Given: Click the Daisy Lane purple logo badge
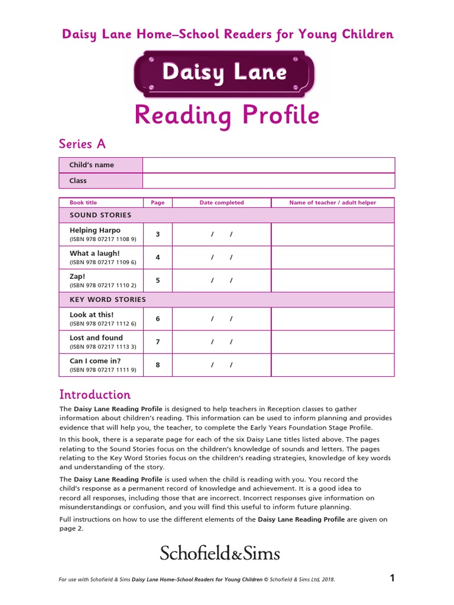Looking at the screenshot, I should coord(224,73).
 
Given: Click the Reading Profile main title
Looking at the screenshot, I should coord(226,115).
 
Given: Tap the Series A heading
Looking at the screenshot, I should coord(82,144).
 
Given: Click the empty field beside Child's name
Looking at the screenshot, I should coord(268,165).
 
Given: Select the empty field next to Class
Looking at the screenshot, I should coord(268,181).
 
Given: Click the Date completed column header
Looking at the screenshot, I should coord(221,203).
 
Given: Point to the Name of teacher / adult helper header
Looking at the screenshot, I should coord(332,203).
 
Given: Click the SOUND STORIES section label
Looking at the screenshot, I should coord(100,215).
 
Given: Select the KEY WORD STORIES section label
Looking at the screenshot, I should coord(108,300).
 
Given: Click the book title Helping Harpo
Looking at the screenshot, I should coord(95,230).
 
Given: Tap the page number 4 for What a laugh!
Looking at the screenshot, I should coord(158,258).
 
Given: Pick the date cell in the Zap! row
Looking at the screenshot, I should coord(222,281).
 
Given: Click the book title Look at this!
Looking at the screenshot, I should coord(92,315).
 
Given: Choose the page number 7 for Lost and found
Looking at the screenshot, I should coord(158,342).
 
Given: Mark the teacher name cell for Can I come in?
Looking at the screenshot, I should coord(332,365).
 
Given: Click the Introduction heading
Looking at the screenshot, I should coord(95,394).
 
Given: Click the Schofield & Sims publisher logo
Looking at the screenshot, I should coord(220,553).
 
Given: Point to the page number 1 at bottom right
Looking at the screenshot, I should coord(392,578).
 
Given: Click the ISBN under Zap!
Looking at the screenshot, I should coord(103,285).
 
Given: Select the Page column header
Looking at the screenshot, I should coord(158,203).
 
